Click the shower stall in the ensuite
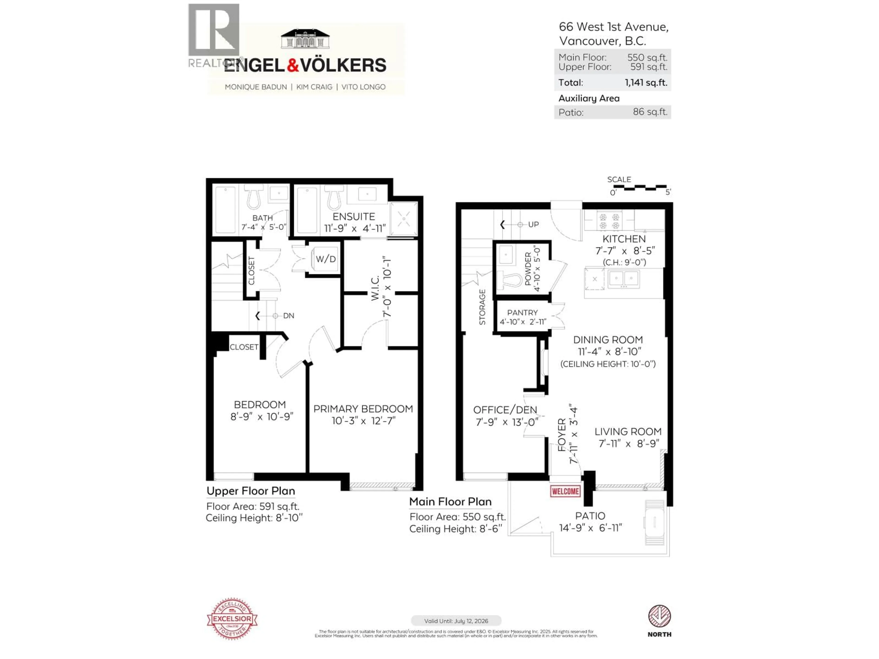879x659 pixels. point(404,219)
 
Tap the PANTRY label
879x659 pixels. point(522,313)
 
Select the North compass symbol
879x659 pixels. point(659,616)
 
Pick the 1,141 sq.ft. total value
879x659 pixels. point(646,83)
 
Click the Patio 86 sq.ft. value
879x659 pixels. point(650,112)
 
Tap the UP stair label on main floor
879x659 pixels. point(533,224)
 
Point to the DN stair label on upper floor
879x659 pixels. point(288,316)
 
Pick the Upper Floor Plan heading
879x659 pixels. point(250,491)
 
